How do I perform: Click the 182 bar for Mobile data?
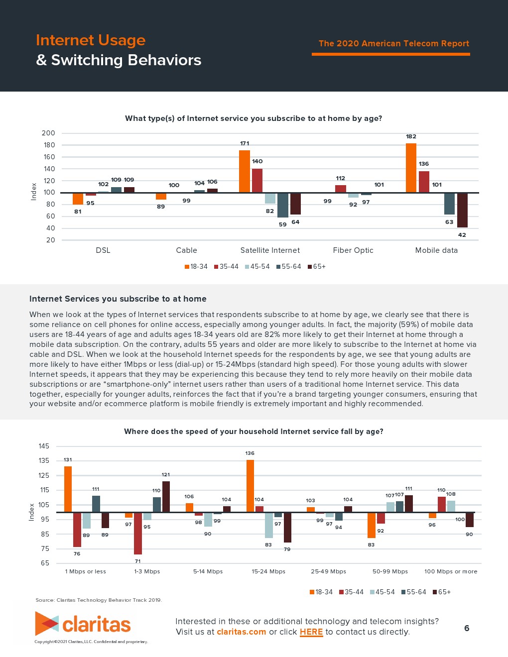[x=411, y=168]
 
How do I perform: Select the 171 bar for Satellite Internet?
[x=244, y=171]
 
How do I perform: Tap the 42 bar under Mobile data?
[x=462, y=210]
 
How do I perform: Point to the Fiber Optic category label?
[x=353, y=250]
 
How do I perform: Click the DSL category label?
[x=103, y=250]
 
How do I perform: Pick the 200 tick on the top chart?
[x=49, y=133]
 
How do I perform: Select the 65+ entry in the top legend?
[x=317, y=267]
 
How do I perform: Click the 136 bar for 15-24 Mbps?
[x=250, y=486]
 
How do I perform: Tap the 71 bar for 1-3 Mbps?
[x=138, y=533]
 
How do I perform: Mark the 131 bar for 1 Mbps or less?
[x=68, y=489]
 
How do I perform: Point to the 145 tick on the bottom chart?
[x=44, y=446]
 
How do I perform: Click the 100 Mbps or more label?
[x=451, y=571]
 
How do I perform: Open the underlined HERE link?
[x=311, y=632]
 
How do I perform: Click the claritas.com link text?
[x=242, y=632]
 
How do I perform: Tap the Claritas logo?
[x=83, y=624]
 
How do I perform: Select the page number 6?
[x=467, y=628]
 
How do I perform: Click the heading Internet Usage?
[x=91, y=40]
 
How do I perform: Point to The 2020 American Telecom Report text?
[x=393, y=44]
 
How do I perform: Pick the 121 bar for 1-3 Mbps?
[x=166, y=497]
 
